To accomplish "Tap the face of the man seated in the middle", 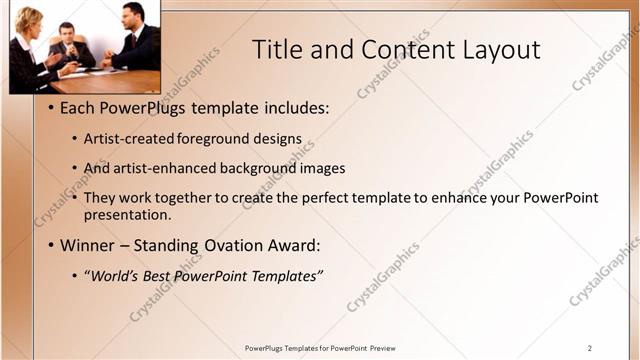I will coord(67,32).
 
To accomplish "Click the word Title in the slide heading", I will coord(277,49).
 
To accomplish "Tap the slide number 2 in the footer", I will coord(590,348).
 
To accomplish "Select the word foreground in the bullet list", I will coord(219,139).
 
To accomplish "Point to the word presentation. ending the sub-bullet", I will coord(135,214).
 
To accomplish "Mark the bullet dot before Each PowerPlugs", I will coord(51,108).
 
